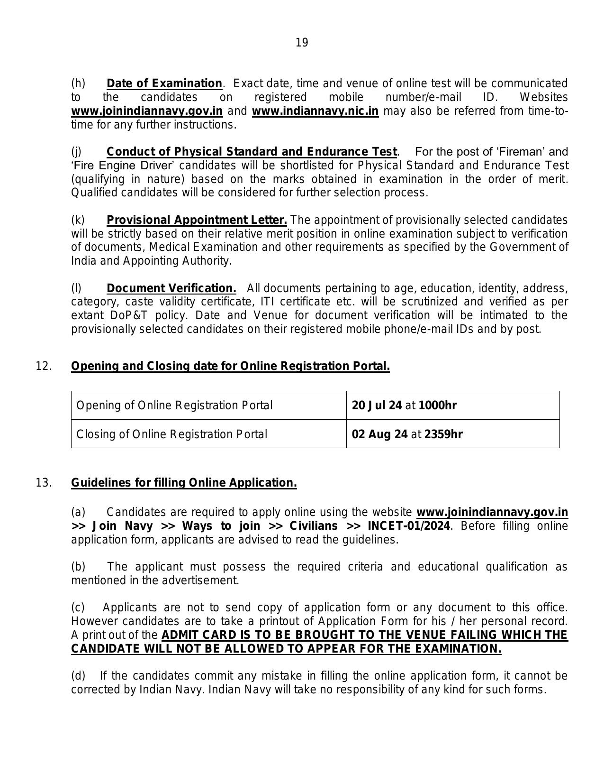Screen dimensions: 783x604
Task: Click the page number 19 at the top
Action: point(302,43)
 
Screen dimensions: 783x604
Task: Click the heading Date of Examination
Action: point(164,84)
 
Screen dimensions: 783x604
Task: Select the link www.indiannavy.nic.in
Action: point(315,111)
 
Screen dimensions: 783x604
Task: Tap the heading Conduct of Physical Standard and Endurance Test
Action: point(252,152)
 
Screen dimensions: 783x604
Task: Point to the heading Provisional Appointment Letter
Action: point(197,220)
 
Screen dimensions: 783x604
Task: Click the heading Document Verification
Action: point(171,288)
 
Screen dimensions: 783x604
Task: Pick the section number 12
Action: point(44,366)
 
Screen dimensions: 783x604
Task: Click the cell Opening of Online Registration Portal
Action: point(174,405)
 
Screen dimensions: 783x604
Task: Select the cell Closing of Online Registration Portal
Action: point(172,434)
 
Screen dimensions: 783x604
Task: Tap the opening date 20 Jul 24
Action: point(377,405)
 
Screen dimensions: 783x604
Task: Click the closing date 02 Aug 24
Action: point(380,434)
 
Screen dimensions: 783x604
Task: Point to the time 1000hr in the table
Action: point(438,405)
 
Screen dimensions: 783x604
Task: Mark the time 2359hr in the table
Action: point(443,434)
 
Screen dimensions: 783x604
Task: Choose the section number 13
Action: point(44,483)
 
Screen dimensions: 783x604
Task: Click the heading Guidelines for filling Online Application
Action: point(184,483)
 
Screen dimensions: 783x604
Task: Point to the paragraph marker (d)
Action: point(78,676)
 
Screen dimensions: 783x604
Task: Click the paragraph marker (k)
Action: point(78,220)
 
